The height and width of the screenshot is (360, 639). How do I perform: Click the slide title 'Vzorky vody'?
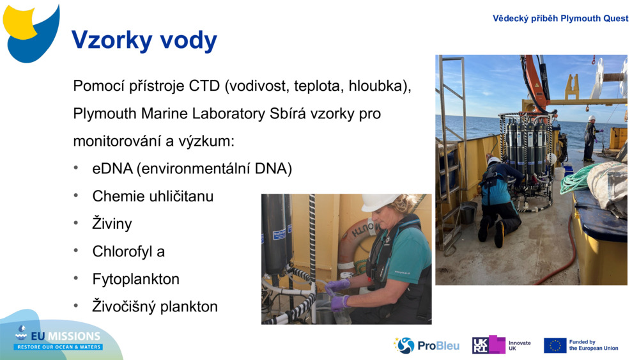[x=144, y=40]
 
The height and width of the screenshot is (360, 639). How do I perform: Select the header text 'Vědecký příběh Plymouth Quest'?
[x=560, y=19]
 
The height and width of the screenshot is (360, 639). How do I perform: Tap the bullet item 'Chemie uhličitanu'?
[x=153, y=196]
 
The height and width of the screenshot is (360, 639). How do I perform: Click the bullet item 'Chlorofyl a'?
[x=128, y=251]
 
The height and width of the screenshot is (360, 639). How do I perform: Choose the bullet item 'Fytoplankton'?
[x=135, y=279]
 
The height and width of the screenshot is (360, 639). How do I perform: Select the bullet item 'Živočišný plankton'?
[x=155, y=306]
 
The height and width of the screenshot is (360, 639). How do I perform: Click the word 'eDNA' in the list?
[x=112, y=169]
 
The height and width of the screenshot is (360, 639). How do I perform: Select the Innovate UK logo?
[x=502, y=345]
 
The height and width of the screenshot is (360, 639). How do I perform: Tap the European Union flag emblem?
[x=555, y=345]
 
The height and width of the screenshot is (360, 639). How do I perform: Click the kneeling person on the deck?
[x=498, y=198]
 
